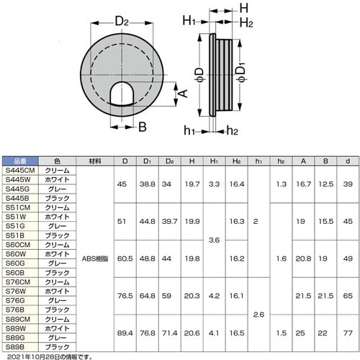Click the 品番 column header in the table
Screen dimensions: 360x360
(x=19, y=161)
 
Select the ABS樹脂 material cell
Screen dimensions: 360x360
(x=94, y=258)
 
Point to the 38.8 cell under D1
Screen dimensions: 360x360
(x=148, y=184)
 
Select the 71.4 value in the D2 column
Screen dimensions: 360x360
(x=170, y=332)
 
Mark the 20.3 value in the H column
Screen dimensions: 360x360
(x=193, y=295)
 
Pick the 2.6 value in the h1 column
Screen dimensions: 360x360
(x=258, y=313)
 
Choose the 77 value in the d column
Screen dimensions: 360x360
(x=348, y=332)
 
